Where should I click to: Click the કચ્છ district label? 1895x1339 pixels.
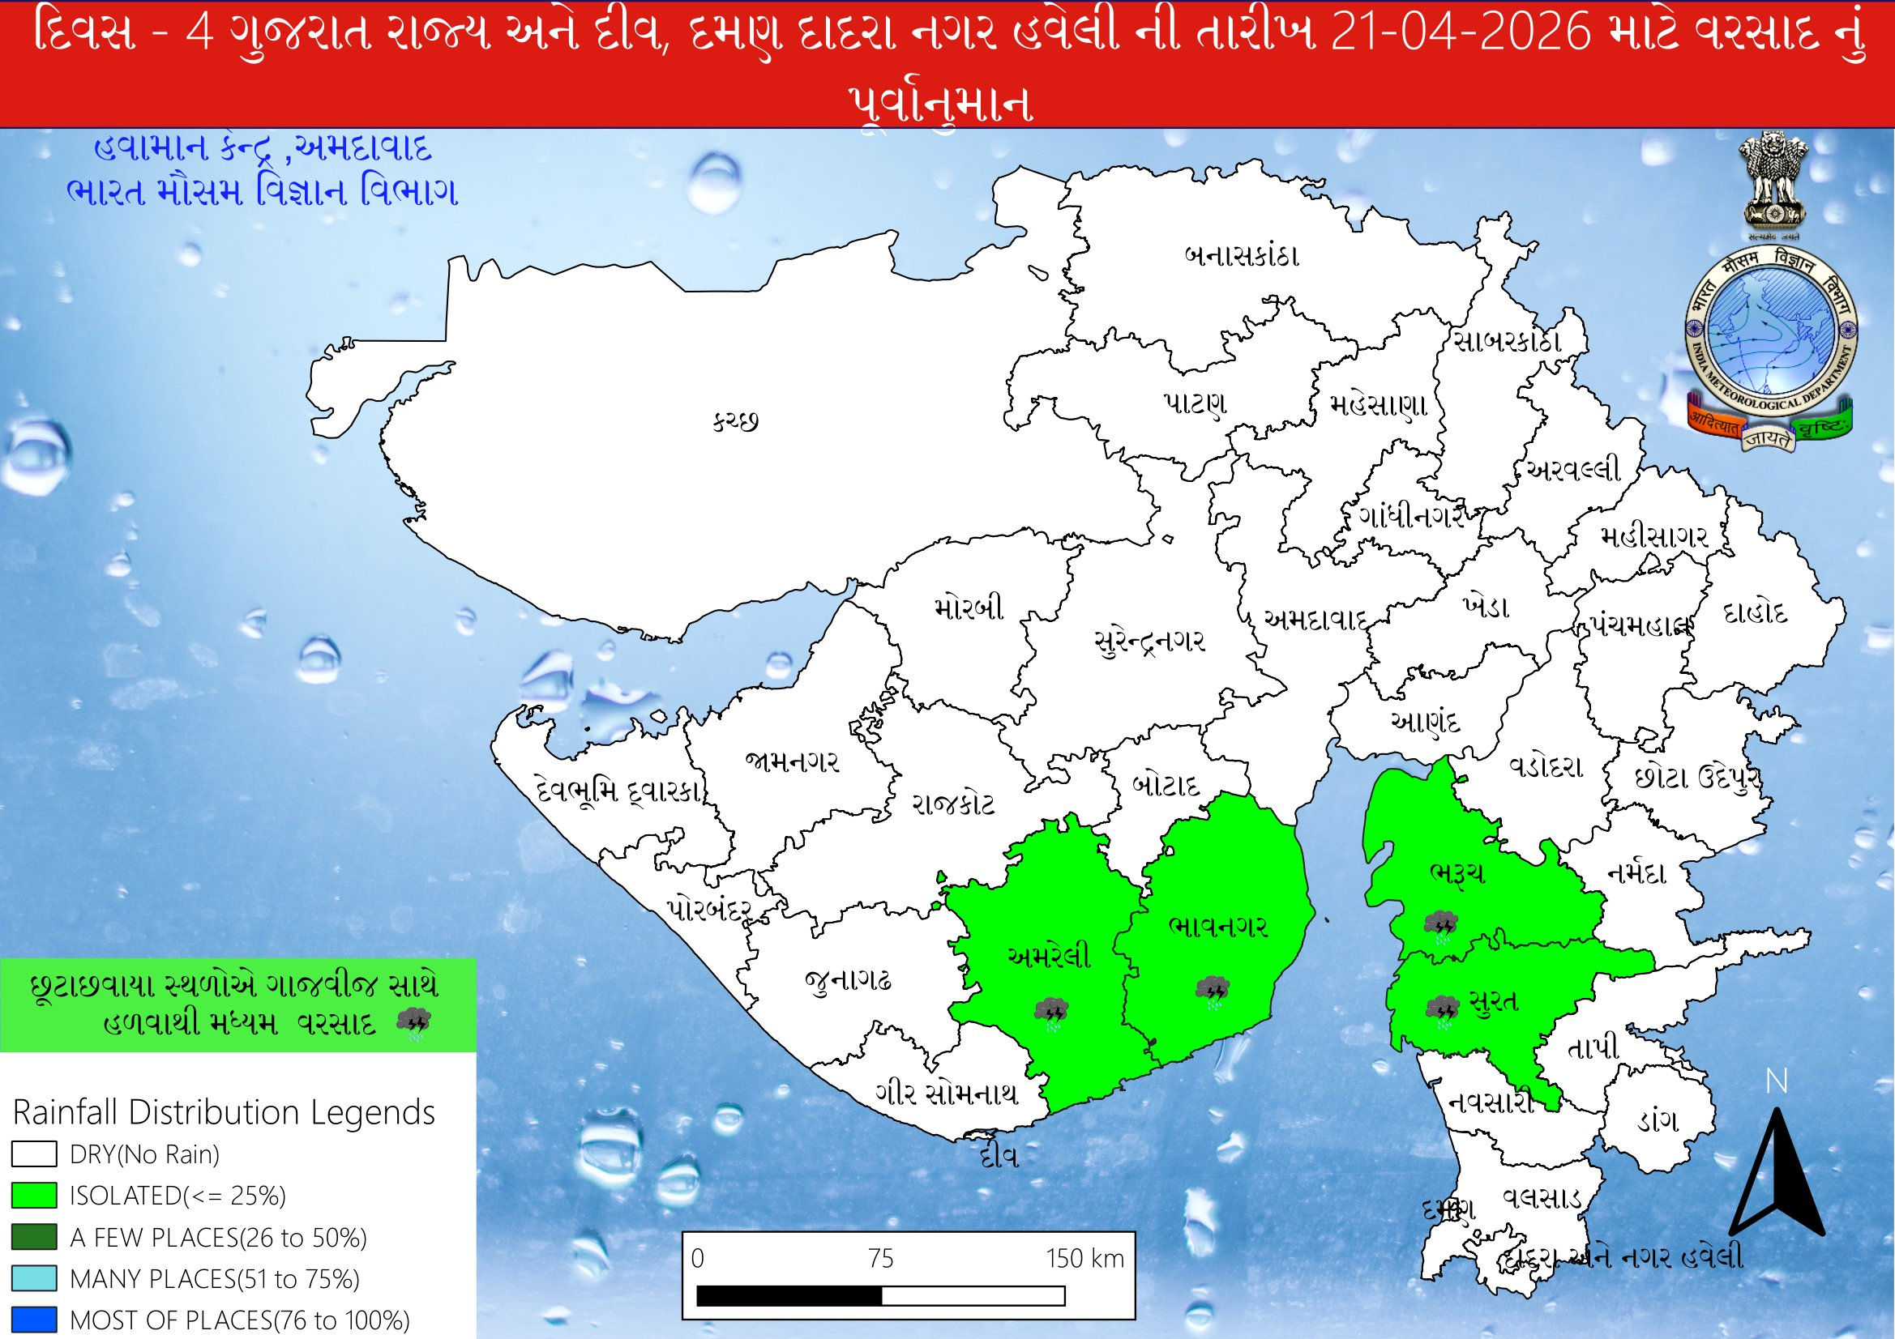click(x=735, y=422)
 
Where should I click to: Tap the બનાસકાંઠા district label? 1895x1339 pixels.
click(x=1242, y=256)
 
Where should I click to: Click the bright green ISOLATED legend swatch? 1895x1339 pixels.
click(x=34, y=1196)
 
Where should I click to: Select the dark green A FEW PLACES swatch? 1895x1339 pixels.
click(x=34, y=1238)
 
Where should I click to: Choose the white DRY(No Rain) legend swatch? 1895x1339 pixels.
click(x=34, y=1154)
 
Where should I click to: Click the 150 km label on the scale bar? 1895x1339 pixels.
click(x=1084, y=1259)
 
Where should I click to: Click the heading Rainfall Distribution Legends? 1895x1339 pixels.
click(x=224, y=1113)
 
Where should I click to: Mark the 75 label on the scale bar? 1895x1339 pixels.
click(x=881, y=1259)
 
